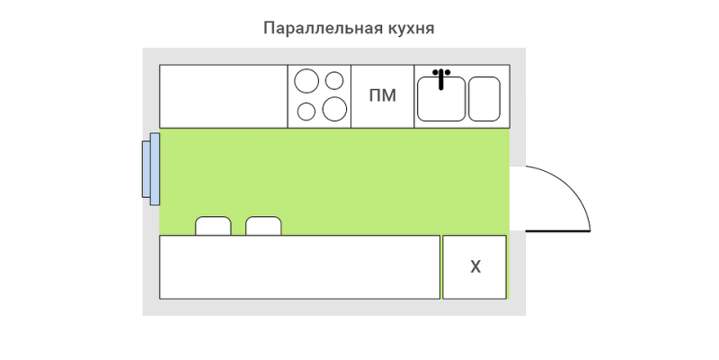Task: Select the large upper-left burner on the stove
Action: pyautogui.click(x=306, y=81)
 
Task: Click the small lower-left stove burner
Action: pyautogui.click(x=306, y=112)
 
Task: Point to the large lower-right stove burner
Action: pyautogui.click(x=334, y=109)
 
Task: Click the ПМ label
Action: pyautogui.click(x=383, y=95)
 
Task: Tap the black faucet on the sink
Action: pyautogui.click(x=440, y=78)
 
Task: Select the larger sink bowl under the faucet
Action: pyautogui.click(x=440, y=101)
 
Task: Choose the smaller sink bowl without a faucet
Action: pyautogui.click(x=484, y=98)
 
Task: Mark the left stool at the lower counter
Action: pyautogui.click(x=213, y=226)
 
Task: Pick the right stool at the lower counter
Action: pyautogui.click(x=264, y=226)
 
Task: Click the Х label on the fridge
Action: pyautogui.click(x=476, y=267)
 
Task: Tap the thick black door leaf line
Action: pyautogui.click(x=557, y=231)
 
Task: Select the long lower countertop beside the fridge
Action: pyautogui.click(x=299, y=267)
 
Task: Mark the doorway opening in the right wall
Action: pyautogui.click(x=517, y=199)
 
